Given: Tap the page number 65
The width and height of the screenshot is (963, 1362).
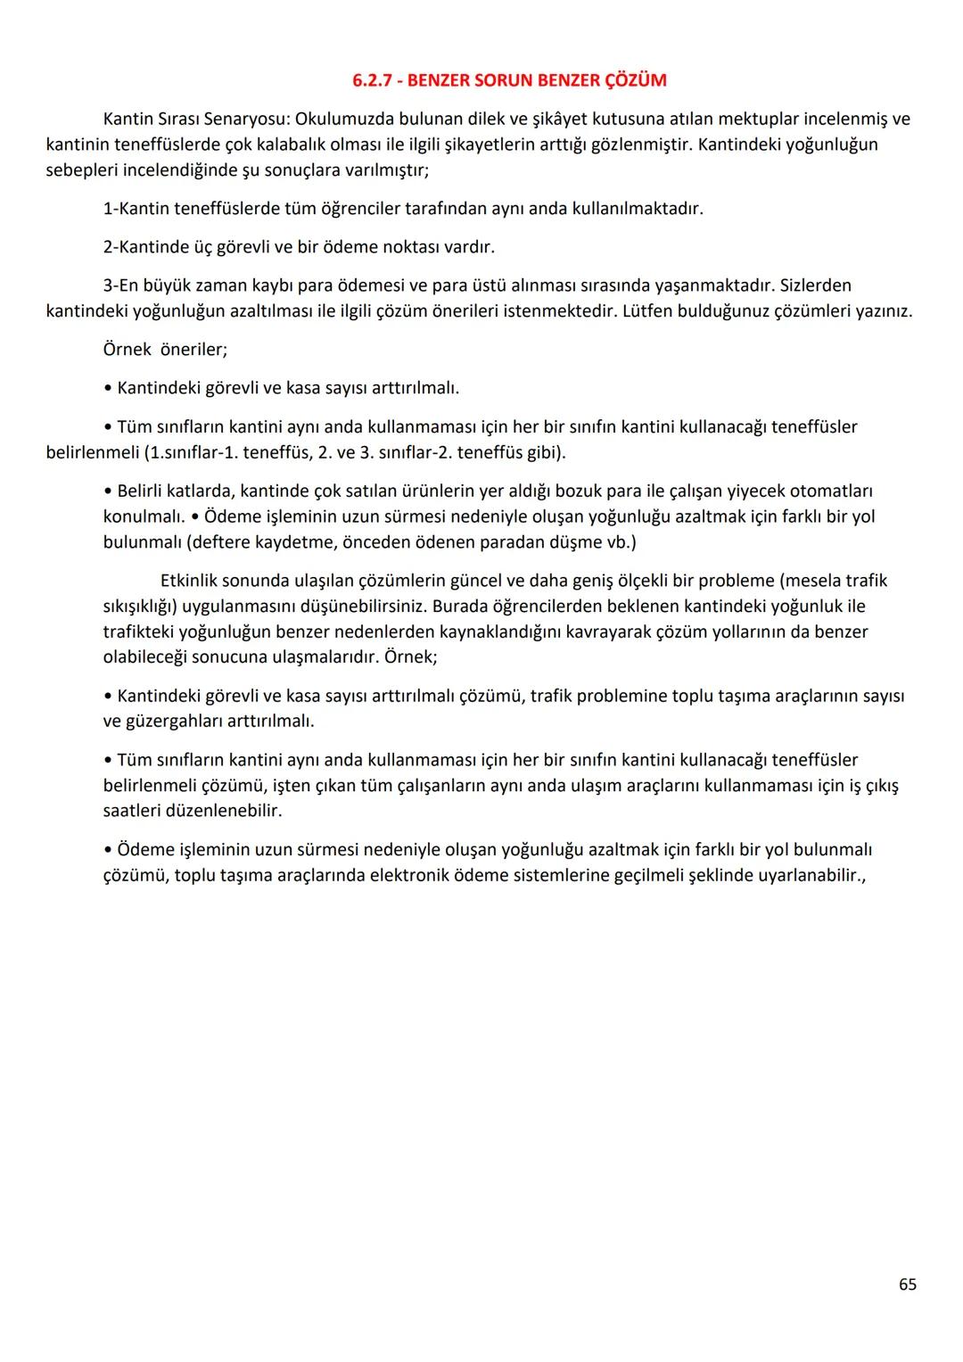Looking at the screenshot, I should tap(907, 1284).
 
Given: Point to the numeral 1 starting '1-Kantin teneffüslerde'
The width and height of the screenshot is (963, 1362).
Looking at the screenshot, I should tap(108, 209).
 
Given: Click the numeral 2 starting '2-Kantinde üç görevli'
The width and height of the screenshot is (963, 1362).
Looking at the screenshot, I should tap(108, 247).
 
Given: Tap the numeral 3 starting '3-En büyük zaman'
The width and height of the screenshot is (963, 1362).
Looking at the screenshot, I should tap(108, 285).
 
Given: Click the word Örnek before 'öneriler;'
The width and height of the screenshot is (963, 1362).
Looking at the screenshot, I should tap(127, 350).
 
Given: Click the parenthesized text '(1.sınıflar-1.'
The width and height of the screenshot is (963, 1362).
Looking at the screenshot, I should tap(189, 452).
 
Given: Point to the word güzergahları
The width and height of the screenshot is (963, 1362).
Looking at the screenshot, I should tap(176, 721).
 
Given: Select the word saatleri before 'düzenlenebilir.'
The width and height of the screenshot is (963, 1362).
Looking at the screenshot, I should tap(134, 811).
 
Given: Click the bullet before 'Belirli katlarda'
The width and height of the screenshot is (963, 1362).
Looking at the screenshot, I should tap(108, 491).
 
